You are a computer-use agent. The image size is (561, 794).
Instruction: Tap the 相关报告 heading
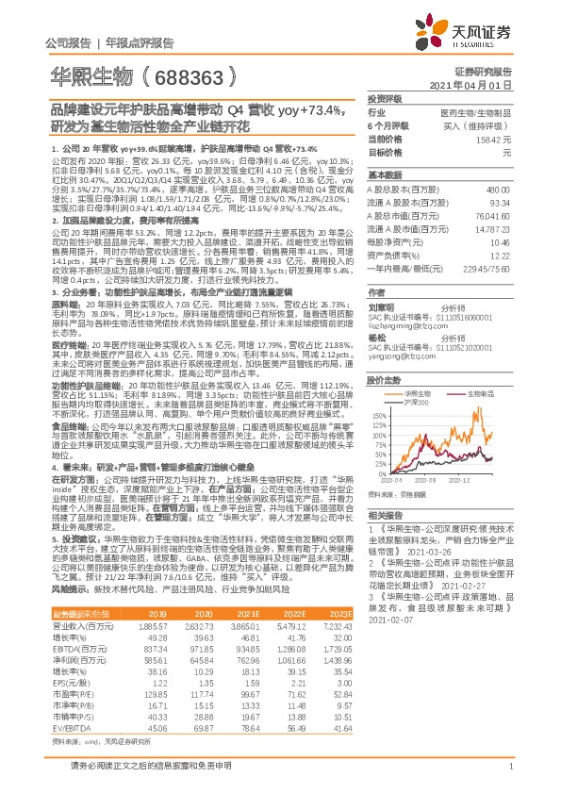[x=385, y=515]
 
